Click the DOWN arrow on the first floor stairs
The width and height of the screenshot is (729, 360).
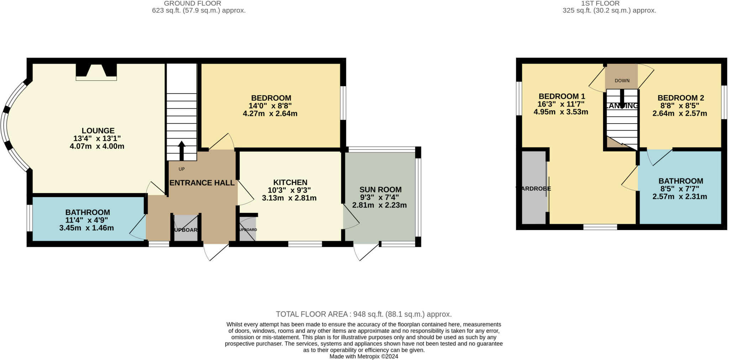622,98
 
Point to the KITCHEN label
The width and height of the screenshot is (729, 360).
290,182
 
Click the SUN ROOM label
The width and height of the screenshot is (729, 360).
380,189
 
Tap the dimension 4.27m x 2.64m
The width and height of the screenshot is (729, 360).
270,114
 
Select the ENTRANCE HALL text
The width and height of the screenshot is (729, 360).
202,183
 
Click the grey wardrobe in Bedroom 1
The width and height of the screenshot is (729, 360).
534,188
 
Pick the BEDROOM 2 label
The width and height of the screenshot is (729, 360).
681,98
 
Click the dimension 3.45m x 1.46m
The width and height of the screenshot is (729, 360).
86,228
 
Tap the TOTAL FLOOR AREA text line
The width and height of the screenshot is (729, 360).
363,314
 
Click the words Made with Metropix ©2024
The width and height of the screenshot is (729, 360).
363,356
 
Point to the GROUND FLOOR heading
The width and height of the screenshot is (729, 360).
192,4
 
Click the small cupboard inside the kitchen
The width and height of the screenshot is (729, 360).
247,229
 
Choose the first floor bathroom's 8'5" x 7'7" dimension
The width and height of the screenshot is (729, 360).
680,189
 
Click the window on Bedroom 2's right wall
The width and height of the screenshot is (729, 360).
724,102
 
